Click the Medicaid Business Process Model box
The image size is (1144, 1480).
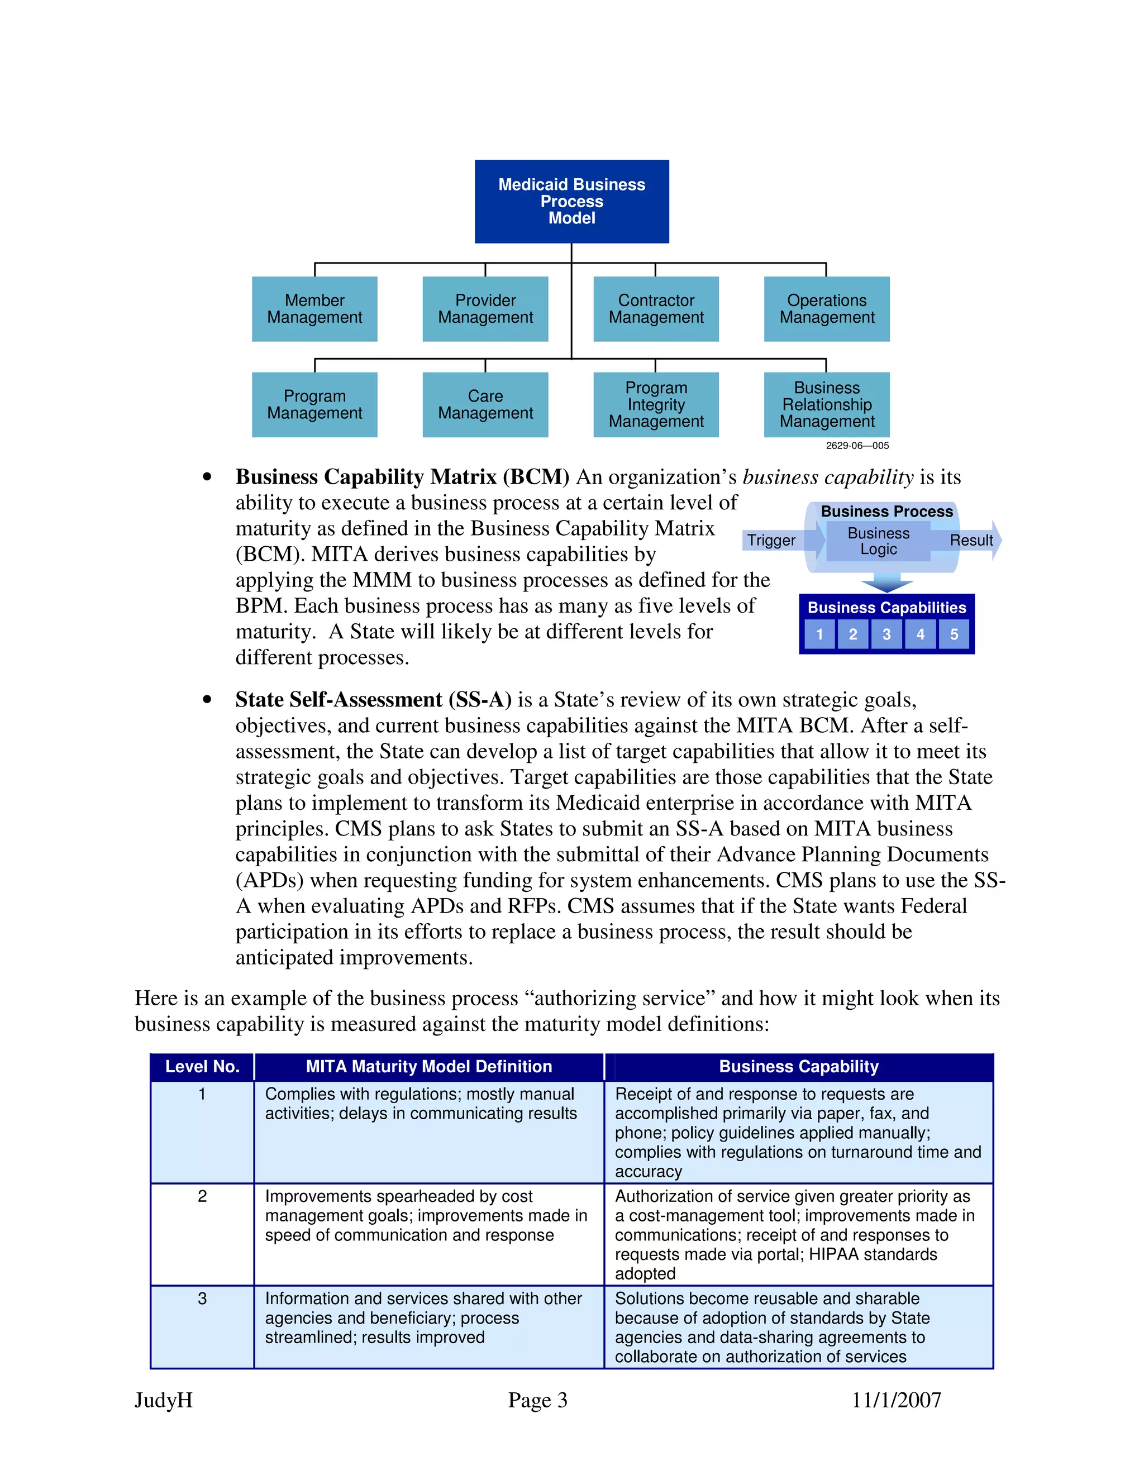571,201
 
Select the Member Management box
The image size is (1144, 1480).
314,309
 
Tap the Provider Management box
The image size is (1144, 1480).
485,309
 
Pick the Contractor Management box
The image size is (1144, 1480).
655,309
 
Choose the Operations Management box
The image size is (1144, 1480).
826,309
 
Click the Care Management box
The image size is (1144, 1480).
485,404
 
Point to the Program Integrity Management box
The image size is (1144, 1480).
655,404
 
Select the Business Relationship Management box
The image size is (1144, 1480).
826,404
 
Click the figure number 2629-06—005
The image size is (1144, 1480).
857,446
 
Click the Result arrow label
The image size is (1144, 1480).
970,540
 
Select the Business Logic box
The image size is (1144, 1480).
878,541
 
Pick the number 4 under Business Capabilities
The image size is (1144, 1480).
919,634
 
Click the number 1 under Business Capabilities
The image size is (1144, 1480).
819,634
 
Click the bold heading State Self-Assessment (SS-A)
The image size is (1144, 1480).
373,699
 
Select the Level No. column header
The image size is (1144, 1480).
202,1067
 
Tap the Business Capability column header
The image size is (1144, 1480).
798,1067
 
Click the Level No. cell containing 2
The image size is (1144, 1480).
202,1196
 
